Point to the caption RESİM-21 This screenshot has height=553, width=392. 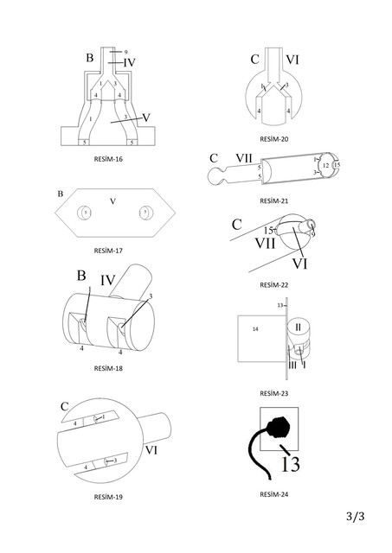[273, 200]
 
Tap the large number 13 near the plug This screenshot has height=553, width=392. [290, 464]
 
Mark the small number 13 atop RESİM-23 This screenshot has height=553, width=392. [280, 306]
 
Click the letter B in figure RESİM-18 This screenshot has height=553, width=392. [80, 276]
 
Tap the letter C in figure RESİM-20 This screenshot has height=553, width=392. [254, 60]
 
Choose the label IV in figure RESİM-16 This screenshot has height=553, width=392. [129, 62]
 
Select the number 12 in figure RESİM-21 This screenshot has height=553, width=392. [325, 164]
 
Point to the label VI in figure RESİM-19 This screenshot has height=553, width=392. [151, 449]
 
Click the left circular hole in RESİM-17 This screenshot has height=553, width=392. [86, 212]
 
